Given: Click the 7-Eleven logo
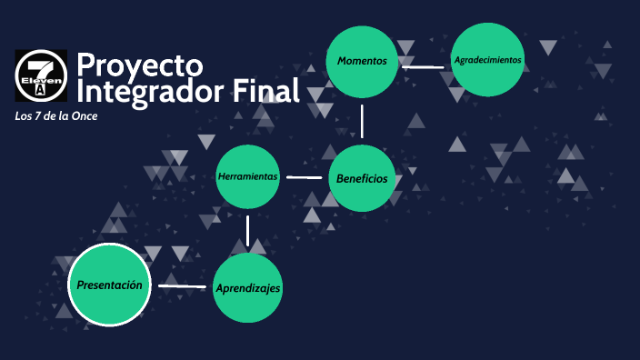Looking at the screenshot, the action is click(x=41, y=75).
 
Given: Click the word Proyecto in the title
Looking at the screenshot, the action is click(x=139, y=65).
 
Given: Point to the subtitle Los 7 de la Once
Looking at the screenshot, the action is click(x=56, y=116).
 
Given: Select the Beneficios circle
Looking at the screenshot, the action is click(x=362, y=178).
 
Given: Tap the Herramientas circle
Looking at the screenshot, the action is click(x=247, y=176).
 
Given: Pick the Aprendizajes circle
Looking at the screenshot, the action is click(x=247, y=288).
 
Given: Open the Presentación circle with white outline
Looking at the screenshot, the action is click(x=109, y=285).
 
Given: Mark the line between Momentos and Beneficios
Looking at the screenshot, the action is click(x=362, y=120).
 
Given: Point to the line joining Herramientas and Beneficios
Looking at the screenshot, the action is click(x=304, y=177).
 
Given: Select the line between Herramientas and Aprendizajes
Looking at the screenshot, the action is click(x=247, y=230).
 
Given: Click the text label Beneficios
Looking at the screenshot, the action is click(x=362, y=178).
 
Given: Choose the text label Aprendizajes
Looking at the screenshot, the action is click(x=247, y=288).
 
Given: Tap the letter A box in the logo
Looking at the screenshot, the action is click(x=40, y=91).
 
